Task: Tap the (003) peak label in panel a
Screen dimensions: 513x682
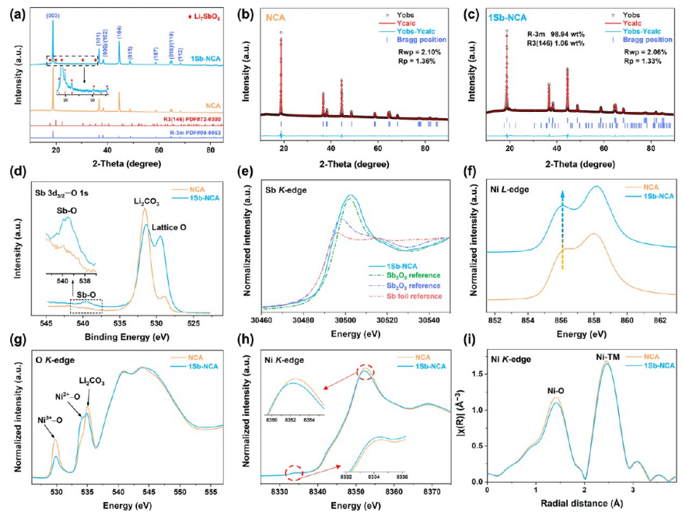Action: point(53,15)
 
